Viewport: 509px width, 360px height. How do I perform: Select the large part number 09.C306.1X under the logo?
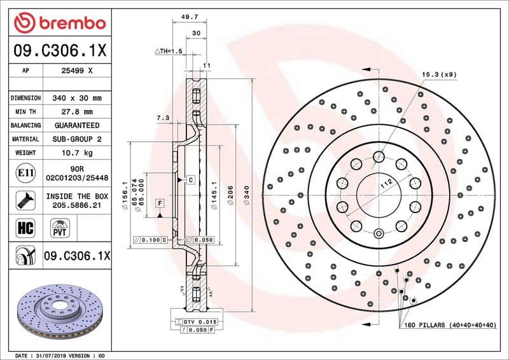[60, 50]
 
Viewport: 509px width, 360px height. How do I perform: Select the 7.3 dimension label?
[162, 118]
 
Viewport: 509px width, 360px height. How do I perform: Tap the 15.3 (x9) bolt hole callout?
[438, 74]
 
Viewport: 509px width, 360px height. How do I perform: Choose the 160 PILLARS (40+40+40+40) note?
[449, 325]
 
